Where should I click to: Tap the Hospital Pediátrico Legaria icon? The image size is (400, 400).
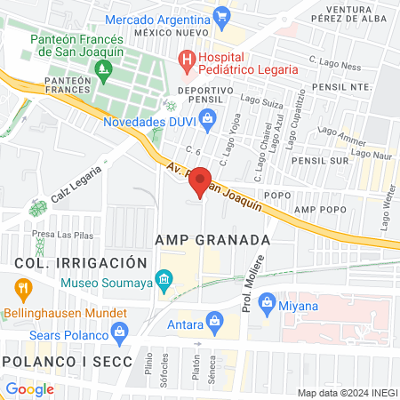187,60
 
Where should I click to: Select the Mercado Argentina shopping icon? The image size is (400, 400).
222,15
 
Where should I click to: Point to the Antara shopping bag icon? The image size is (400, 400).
213,320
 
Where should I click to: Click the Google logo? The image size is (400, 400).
28,388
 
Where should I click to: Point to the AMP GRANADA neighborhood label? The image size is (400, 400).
212,240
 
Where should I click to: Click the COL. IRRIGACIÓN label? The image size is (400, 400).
79,263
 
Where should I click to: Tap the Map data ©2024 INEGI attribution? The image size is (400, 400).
347,393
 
